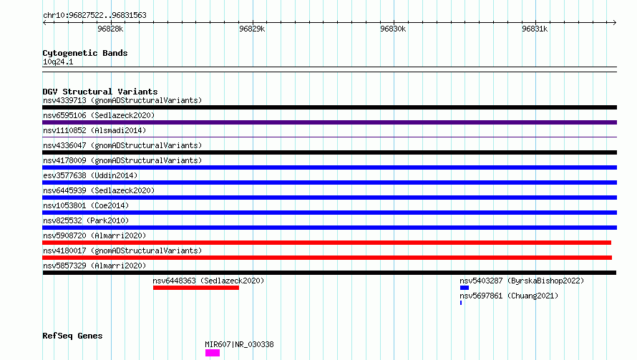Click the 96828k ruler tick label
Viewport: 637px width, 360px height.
coord(110,29)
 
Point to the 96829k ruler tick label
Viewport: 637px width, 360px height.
coord(252,29)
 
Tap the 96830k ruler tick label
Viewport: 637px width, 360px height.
coord(393,29)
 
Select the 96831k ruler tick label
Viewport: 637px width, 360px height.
coord(535,29)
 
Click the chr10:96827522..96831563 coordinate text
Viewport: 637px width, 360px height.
coord(94,16)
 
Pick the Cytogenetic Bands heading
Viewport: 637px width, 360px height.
coord(85,53)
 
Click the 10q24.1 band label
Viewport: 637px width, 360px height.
coord(58,62)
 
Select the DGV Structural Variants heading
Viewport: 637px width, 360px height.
coord(100,92)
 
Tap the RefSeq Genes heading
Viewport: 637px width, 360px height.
coord(72,336)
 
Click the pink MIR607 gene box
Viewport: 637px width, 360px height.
coord(213,353)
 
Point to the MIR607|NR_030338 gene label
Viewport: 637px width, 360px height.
coord(239,344)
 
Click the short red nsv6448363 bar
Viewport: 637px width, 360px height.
coord(196,288)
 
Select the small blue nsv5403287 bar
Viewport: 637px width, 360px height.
coord(465,288)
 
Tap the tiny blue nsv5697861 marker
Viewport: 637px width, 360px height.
coord(461,303)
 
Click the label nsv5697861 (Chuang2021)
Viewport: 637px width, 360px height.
coord(509,296)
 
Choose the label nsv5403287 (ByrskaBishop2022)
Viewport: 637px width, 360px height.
coord(522,281)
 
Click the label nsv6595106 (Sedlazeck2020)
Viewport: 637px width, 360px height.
coord(99,115)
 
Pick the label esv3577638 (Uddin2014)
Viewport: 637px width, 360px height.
coord(90,175)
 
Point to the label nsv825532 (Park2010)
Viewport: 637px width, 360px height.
coord(86,220)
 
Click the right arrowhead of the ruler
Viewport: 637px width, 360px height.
coord(616,22)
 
